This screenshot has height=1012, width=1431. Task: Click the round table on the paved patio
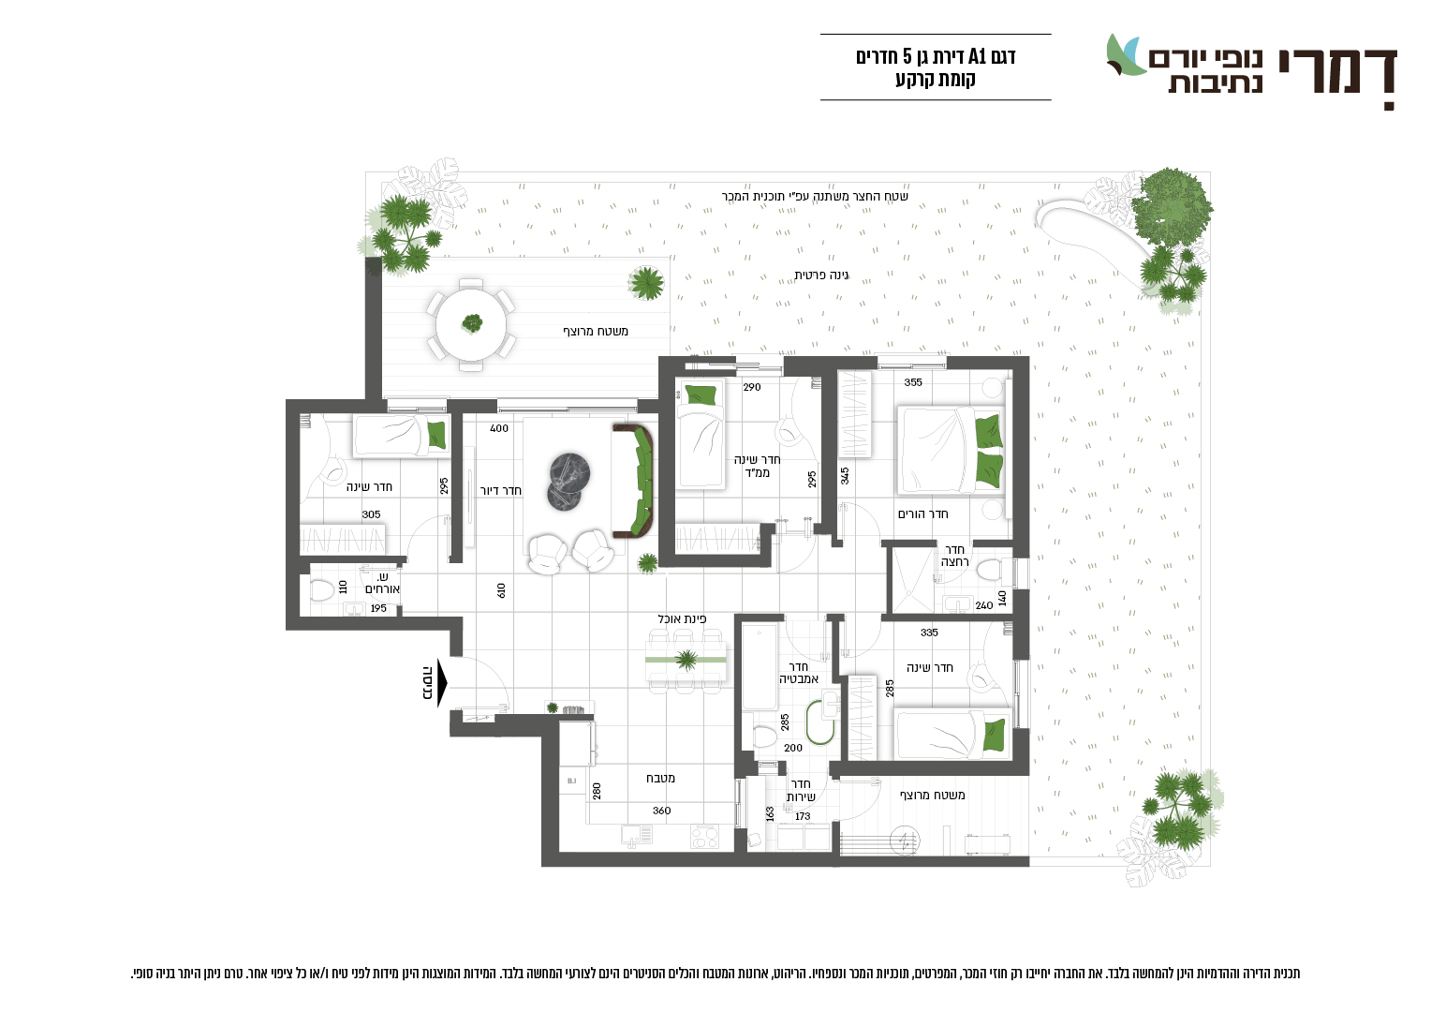pos(471,325)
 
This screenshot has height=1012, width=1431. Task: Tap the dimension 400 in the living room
pos(499,428)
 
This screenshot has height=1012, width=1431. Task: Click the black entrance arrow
pos(441,683)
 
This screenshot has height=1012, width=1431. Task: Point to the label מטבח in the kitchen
pos(660,778)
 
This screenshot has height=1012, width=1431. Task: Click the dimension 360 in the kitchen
pos(662,811)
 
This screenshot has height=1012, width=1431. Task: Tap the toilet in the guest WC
pos(321,590)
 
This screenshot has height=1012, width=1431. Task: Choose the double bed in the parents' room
pos(951,450)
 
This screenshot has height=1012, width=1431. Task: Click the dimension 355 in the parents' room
pos(913,382)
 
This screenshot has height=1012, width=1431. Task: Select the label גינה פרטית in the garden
pos(821,275)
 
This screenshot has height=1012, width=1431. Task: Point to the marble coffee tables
pos(568,482)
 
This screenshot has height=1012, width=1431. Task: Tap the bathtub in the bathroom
pos(760,667)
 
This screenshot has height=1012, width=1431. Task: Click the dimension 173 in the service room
pos(803,816)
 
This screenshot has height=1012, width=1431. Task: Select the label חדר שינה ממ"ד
pos(757,466)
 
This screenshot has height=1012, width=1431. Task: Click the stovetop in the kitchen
pos(704,837)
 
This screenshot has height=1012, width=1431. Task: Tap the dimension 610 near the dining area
pos(501,590)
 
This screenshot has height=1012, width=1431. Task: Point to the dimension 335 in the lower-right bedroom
pos(929,632)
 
